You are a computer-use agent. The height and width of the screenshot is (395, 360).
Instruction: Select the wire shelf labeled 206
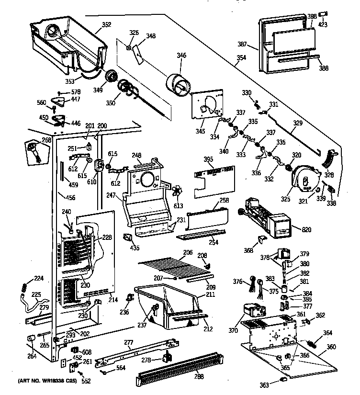point(175,266)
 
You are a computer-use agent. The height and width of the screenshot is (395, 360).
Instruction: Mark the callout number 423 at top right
point(323,24)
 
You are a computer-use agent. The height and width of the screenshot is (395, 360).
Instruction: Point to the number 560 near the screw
point(42,102)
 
